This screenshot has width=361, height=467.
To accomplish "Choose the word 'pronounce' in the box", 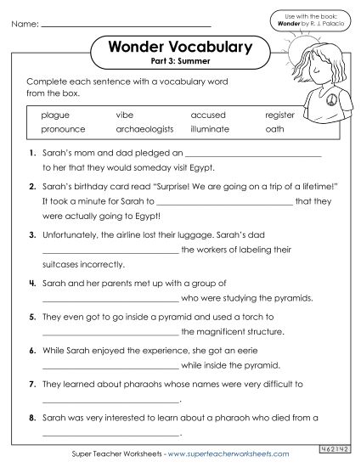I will tap(61, 130).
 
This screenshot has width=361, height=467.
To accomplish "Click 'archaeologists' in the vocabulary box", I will tap(144, 130).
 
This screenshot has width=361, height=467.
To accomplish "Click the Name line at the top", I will tap(144, 25).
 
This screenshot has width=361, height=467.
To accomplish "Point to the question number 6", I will tap(31, 350).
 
